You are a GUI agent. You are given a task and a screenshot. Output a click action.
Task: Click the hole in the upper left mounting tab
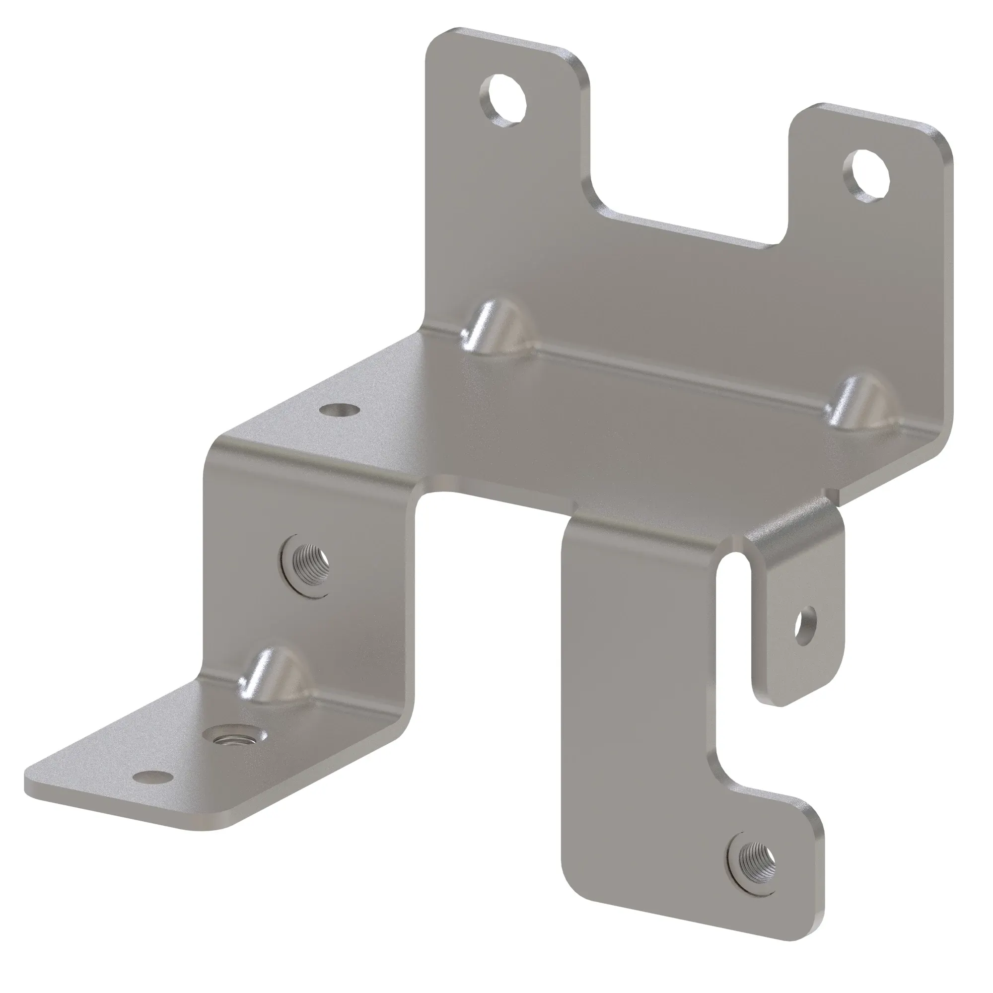pos(504,99)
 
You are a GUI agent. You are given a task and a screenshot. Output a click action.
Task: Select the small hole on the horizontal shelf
pos(339,410)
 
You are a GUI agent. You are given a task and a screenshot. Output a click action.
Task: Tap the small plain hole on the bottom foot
pos(151,790)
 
